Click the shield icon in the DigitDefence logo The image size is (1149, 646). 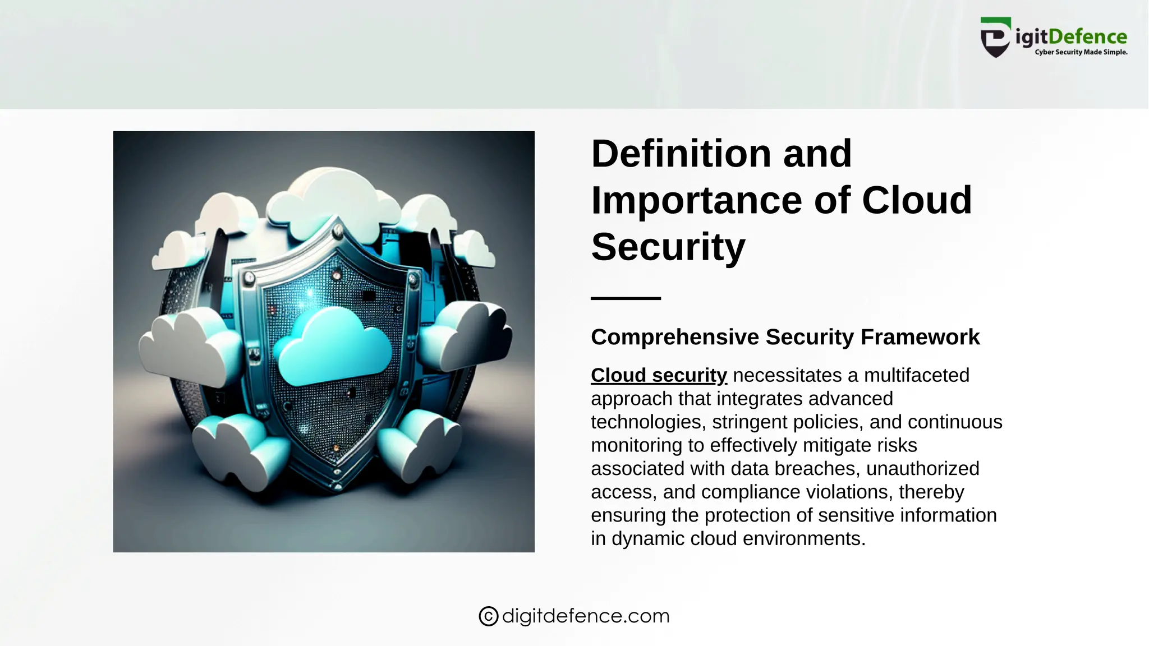pyautogui.click(x=996, y=37)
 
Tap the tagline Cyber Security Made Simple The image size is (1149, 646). pyautogui.click(x=1081, y=52)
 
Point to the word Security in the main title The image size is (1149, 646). pyautogui.click(x=668, y=247)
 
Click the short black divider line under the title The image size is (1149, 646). pyautogui.click(x=626, y=298)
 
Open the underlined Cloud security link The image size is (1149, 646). pyautogui.click(x=659, y=375)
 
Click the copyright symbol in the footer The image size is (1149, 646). pyautogui.click(x=489, y=616)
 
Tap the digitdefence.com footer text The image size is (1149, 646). pyautogui.click(x=586, y=616)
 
